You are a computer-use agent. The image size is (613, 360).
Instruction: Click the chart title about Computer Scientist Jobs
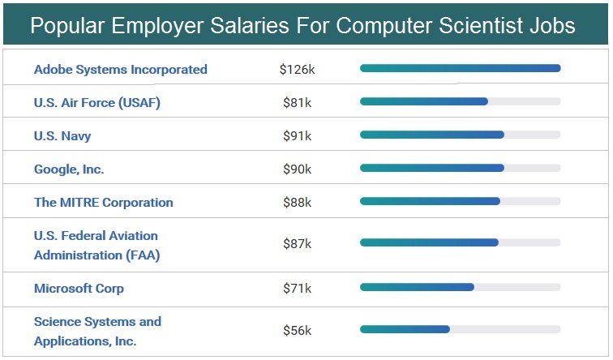tap(302, 26)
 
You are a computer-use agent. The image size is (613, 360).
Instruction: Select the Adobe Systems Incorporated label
tap(121, 70)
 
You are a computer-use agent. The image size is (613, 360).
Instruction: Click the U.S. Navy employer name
tap(62, 136)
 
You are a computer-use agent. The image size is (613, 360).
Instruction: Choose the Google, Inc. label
tap(69, 169)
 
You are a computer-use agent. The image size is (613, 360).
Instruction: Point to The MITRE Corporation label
tap(104, 203)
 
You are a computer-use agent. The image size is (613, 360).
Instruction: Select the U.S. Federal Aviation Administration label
tap(97, 245)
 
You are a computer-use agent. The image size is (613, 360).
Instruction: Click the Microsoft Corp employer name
tap(79, 289)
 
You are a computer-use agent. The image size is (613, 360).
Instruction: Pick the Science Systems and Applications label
tap(97, 331)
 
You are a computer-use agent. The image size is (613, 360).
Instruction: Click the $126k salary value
tap(297, 70)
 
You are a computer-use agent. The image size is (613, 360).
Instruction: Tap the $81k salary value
tap(297, 103)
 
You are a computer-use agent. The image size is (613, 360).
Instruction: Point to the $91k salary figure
tap(297, 136)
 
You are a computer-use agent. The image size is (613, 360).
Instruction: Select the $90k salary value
tap(297, 169)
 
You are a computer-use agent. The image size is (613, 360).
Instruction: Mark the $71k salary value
tap(297, 289)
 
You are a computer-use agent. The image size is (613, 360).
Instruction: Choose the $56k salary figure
tap(297, 331)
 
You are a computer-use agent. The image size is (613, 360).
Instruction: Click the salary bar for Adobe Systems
tap(460, 68)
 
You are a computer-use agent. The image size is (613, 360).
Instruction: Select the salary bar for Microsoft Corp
tap(417, 286)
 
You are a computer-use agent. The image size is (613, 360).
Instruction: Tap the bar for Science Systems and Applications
tap(405, 328)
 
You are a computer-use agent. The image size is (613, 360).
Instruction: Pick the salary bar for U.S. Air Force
tap(424, 101)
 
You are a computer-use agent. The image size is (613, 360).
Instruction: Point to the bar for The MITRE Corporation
tap(430, 201)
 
